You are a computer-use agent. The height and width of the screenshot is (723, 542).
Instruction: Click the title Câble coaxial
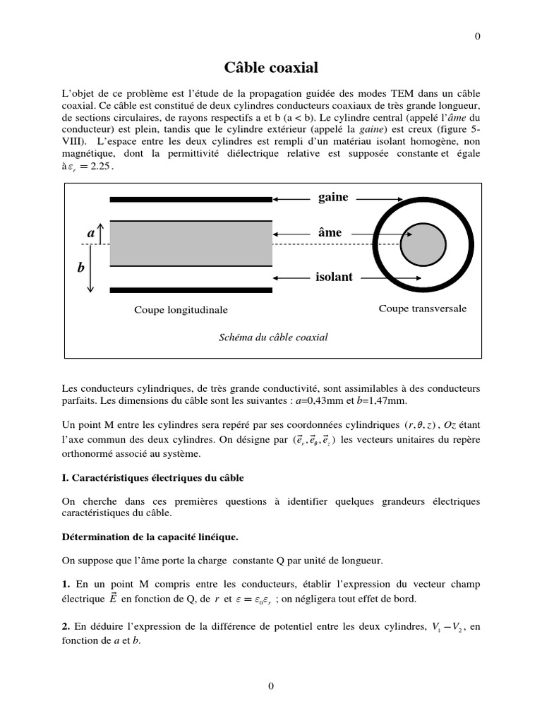click(271, 68)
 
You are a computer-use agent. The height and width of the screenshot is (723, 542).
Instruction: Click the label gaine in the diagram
click(333, 197)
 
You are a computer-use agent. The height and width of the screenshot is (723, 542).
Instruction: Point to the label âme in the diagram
click(330, 232)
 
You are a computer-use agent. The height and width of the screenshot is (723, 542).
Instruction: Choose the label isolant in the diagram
click(334, 277)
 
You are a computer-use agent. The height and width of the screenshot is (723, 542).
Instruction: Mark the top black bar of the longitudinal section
click(191, 200)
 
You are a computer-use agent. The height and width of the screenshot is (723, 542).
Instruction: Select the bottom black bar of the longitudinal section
click(191, 289)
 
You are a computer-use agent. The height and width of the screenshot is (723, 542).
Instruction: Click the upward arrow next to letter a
click(100, 233)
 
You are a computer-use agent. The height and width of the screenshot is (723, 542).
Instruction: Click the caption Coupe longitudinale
click(181, 310)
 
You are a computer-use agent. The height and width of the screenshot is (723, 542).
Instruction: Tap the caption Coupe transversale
click(423, 309)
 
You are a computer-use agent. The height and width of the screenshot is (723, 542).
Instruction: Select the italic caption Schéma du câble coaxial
click(274, 337)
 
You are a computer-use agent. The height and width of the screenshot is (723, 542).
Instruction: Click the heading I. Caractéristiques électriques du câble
click(153, 478)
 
